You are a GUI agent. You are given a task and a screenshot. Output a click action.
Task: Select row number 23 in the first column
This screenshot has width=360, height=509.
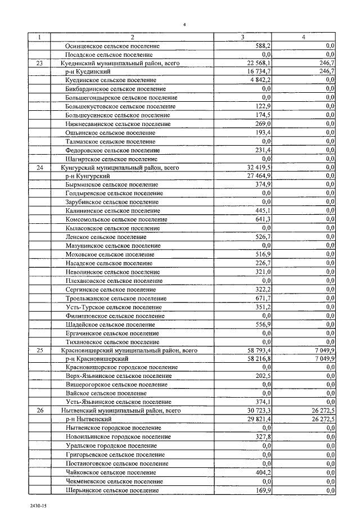click(39, 64)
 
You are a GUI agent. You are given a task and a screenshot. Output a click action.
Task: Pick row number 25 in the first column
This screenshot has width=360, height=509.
click(39, 350)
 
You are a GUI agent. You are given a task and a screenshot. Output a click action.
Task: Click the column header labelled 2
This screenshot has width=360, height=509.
click(132, 37)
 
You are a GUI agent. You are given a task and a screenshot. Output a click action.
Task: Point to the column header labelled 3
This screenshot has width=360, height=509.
click(242, 37)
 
